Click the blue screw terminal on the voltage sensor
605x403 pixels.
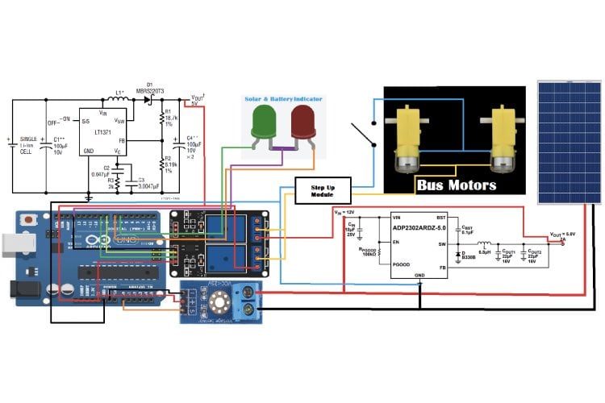click(247, 300)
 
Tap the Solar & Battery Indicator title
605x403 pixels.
click(283, 98)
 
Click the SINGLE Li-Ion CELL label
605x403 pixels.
click(29, 146)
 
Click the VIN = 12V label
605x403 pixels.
click(344, 211)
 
